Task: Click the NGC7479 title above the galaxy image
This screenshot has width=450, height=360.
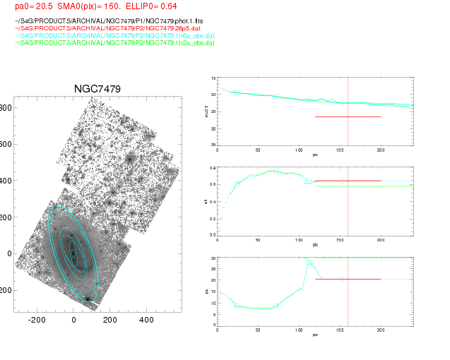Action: tap(97, 89)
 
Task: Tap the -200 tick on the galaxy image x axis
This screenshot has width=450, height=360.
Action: tap(37, 320)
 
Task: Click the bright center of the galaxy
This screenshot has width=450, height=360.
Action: tap(73, 252)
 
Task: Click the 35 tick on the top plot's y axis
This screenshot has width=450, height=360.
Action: tap(212, 145)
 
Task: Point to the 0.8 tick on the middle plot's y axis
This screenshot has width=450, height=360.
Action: tap(211, 169)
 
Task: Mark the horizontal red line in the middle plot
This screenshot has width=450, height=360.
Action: tap(348, 181)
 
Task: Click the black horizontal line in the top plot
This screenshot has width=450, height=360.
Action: tap(348, 116)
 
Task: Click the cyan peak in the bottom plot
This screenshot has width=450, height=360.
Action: tap(307, 260)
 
